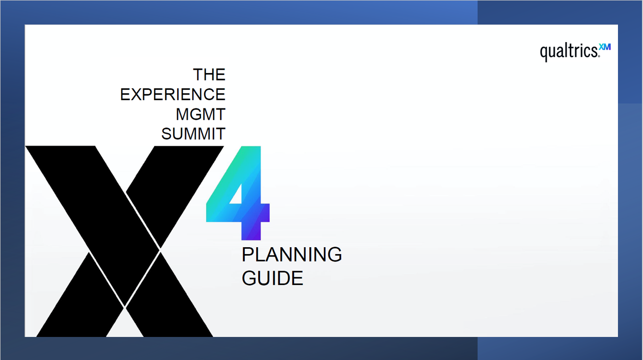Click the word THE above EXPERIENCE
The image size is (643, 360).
[x=209, y=75]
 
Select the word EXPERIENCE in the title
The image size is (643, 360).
[x=173, y=94]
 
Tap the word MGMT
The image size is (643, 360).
[x=200, y=114]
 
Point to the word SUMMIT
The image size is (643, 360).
[x=193, y=133]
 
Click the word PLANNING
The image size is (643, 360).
[x=292, y=255]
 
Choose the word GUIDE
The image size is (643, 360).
[x=272, y=278]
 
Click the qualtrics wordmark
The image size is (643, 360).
[x=569, y=52]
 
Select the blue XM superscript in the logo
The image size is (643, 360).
[x=605, y=47]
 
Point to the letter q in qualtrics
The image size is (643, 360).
[x=544, y=53]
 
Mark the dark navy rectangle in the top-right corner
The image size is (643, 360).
[x=560, y=12]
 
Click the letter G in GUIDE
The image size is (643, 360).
[x=249, y=278]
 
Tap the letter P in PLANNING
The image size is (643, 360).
[x=248, y=255]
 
